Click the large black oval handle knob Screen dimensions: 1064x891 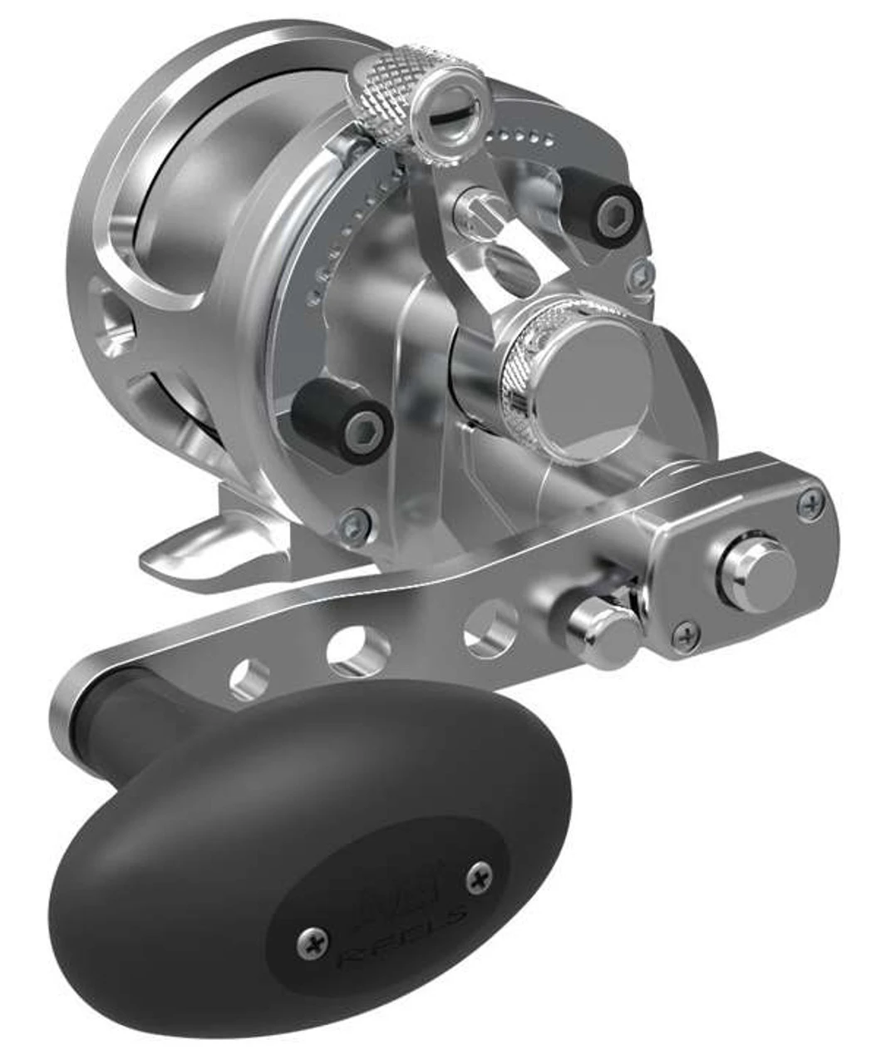[308, 856]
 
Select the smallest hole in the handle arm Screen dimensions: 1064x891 [250, 677]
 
